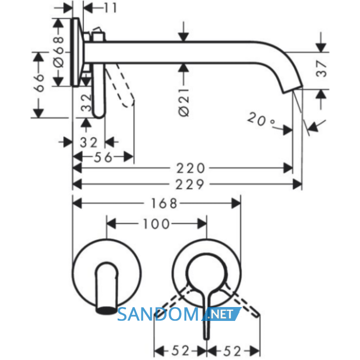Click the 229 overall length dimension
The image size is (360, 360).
tap(190, 184)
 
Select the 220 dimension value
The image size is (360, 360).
tap(190, 168)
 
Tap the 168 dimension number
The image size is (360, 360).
tap(164, 204)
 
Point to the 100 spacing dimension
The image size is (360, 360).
tap(156, 224)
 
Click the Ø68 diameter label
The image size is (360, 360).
tap(58, 52)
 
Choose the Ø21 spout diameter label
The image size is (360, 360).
tap(184, 102)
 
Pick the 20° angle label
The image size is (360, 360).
tap(261, 119)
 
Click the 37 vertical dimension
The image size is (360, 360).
tap(321, 68)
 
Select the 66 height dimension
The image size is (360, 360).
tap(39, 83)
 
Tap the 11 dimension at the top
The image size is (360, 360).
tap(111, 8)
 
